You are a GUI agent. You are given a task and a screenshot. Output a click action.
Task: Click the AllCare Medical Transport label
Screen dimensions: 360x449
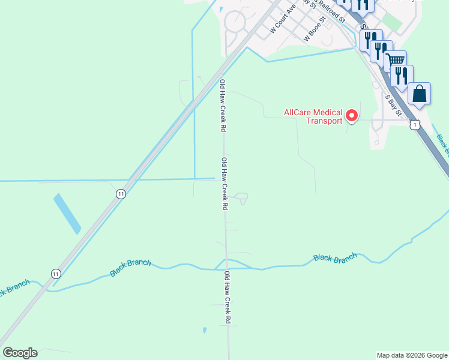[x=313, y=116]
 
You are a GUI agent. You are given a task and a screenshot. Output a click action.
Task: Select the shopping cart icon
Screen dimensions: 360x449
[x=395, y=61]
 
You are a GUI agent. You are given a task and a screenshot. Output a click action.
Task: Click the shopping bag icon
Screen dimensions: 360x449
[x=419, y=94]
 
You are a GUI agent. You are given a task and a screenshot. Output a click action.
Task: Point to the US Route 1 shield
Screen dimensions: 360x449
[x=414, y=124]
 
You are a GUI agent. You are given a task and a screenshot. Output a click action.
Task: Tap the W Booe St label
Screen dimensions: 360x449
[x=315, y=29]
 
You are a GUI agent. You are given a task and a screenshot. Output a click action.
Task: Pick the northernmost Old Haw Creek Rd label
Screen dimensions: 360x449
[x=223, y=106]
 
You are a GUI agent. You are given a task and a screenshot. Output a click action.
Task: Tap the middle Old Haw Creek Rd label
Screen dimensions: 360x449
[x=224, y=183]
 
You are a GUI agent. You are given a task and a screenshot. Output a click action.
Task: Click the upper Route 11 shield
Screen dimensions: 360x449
[x=121, y=193]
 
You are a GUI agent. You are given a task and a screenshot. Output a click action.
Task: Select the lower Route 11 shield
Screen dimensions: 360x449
[x=56, y=273]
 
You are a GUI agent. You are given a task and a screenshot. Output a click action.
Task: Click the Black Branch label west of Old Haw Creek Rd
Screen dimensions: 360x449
[x=130, y=268]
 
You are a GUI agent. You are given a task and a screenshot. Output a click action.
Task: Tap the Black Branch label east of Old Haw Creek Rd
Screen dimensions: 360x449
[x=335, y=257]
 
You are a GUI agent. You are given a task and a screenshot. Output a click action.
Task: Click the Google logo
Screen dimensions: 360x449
[x=20, y=353]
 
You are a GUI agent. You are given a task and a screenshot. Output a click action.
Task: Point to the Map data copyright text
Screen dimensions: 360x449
[x=412, y=355]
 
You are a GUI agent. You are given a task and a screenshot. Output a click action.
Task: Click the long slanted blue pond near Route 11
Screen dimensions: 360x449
[x=67, y=214]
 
